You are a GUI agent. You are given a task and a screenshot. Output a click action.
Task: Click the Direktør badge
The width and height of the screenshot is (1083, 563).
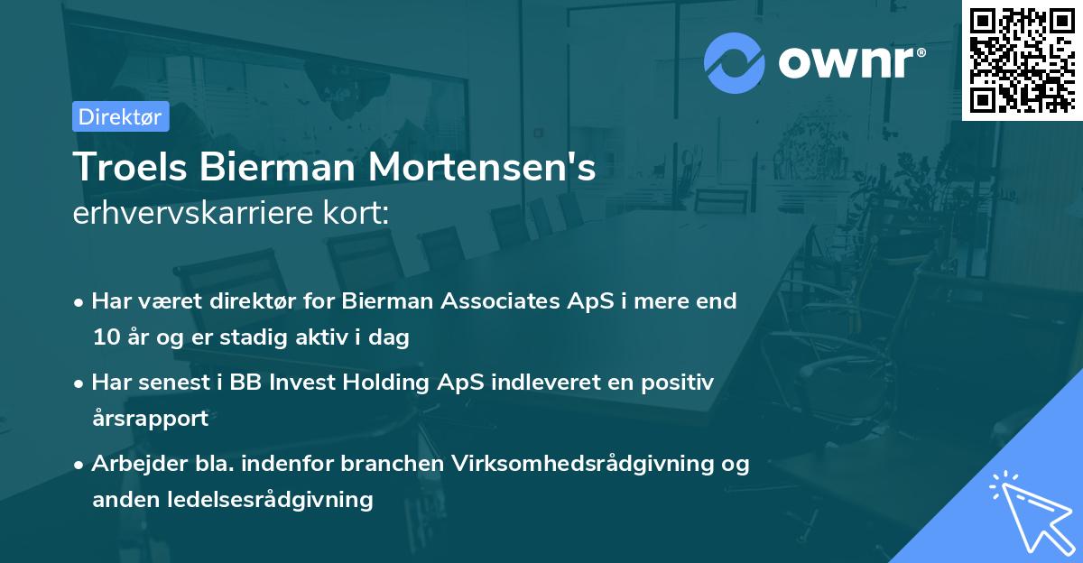tap(120, 116)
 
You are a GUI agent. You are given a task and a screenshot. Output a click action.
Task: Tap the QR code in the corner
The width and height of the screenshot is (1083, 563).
tap(1022, 60)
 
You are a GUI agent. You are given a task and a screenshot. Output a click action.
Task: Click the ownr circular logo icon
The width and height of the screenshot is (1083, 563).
tap(735, 63)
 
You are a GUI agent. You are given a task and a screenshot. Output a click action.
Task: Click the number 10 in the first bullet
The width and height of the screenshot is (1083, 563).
tap(105, 337)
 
